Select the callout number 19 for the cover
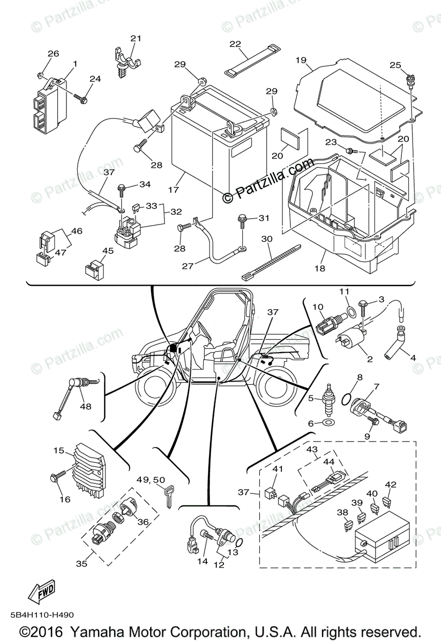coord(300,60)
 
